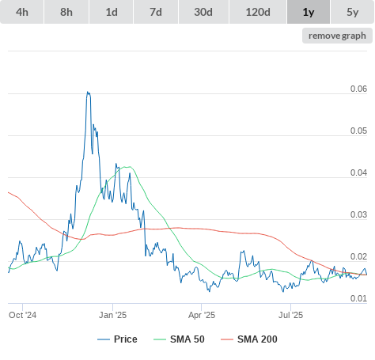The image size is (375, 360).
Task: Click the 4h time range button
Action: (x=22, y=12)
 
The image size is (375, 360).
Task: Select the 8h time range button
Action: (x=66, y=12)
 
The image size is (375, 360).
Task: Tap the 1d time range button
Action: (x=112, y=12)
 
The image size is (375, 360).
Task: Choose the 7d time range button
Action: (x=156, y=12)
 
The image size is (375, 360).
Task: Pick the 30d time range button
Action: (x=203, y=12)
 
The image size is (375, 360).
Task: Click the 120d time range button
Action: (x=258, y=12)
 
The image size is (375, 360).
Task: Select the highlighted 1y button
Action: (x=309, y=12)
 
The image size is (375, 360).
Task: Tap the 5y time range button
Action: (x=353, y=12)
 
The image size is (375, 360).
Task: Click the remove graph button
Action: (x=337, y=36)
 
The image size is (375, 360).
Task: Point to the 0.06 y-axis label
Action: (x=358, y=89)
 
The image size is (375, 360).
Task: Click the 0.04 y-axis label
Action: (x=358, y=172)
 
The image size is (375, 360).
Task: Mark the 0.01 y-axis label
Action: (x=358, y=298)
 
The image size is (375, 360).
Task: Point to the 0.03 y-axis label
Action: (x=358, y=214)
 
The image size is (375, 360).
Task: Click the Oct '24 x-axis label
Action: (x=23, y=315)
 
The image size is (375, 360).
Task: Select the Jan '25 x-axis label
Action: (x=113, y=315)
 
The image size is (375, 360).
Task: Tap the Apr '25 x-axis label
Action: (x=202, y=315)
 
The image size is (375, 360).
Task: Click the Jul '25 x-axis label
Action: (x=291, y=315)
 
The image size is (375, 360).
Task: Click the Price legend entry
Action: (x=117, y=339)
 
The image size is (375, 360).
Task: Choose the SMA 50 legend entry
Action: (x=179, y=339)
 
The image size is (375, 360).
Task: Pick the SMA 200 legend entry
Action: (x=249, y=339)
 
